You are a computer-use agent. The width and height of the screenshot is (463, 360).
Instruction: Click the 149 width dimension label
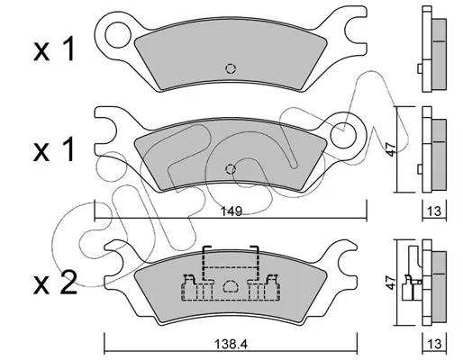[231, 211]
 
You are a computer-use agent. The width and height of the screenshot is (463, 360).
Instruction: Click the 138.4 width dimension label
[231, 345]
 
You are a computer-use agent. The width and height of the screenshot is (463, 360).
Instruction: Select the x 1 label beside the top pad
[54, 49]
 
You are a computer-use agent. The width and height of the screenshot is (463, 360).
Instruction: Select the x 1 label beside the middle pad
[54, 149]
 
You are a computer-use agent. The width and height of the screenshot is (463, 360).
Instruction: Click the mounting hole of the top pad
[118, 35]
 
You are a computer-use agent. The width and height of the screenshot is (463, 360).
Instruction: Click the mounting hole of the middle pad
[343, 136]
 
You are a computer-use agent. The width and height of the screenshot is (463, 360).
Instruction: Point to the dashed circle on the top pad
[231, 69]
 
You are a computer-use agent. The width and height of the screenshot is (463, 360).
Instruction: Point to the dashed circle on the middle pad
[231, 169]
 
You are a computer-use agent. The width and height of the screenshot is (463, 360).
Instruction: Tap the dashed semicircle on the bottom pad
[231, 286]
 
